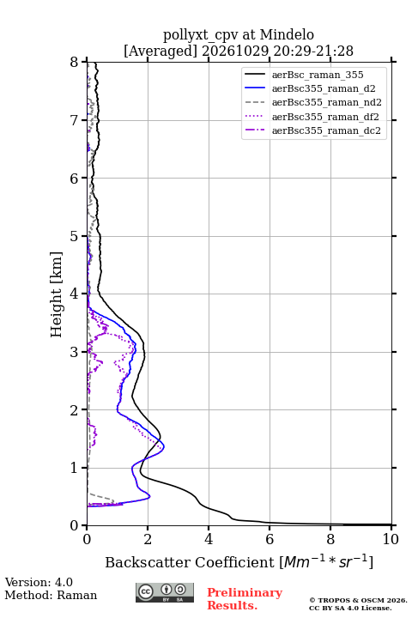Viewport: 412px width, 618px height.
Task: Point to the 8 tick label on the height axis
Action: tap(75, 63)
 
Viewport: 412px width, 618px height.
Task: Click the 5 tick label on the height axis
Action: tap(75, 236)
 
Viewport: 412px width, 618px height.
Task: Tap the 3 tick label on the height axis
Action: tap(75, 352)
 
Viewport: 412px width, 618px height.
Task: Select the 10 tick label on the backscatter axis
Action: tap(391, 539)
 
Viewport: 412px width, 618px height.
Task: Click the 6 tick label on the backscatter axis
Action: tap(270, 539)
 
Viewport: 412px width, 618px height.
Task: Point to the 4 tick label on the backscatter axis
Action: tap(209, 539)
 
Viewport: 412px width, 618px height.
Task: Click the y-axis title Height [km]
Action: tap(57, 294)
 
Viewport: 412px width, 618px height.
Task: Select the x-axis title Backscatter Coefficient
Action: tap(189, 562)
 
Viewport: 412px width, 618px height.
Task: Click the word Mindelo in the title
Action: tap(287, 35)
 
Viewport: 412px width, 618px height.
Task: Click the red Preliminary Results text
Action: tap(245, 599)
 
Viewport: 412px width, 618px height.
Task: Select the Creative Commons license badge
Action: tap(165, 593)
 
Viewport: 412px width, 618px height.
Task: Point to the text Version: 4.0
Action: tap(39, 582)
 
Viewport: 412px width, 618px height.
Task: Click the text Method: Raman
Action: tap(51, 595)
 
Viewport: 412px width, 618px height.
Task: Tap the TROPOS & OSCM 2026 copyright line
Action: tap(358, 600)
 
